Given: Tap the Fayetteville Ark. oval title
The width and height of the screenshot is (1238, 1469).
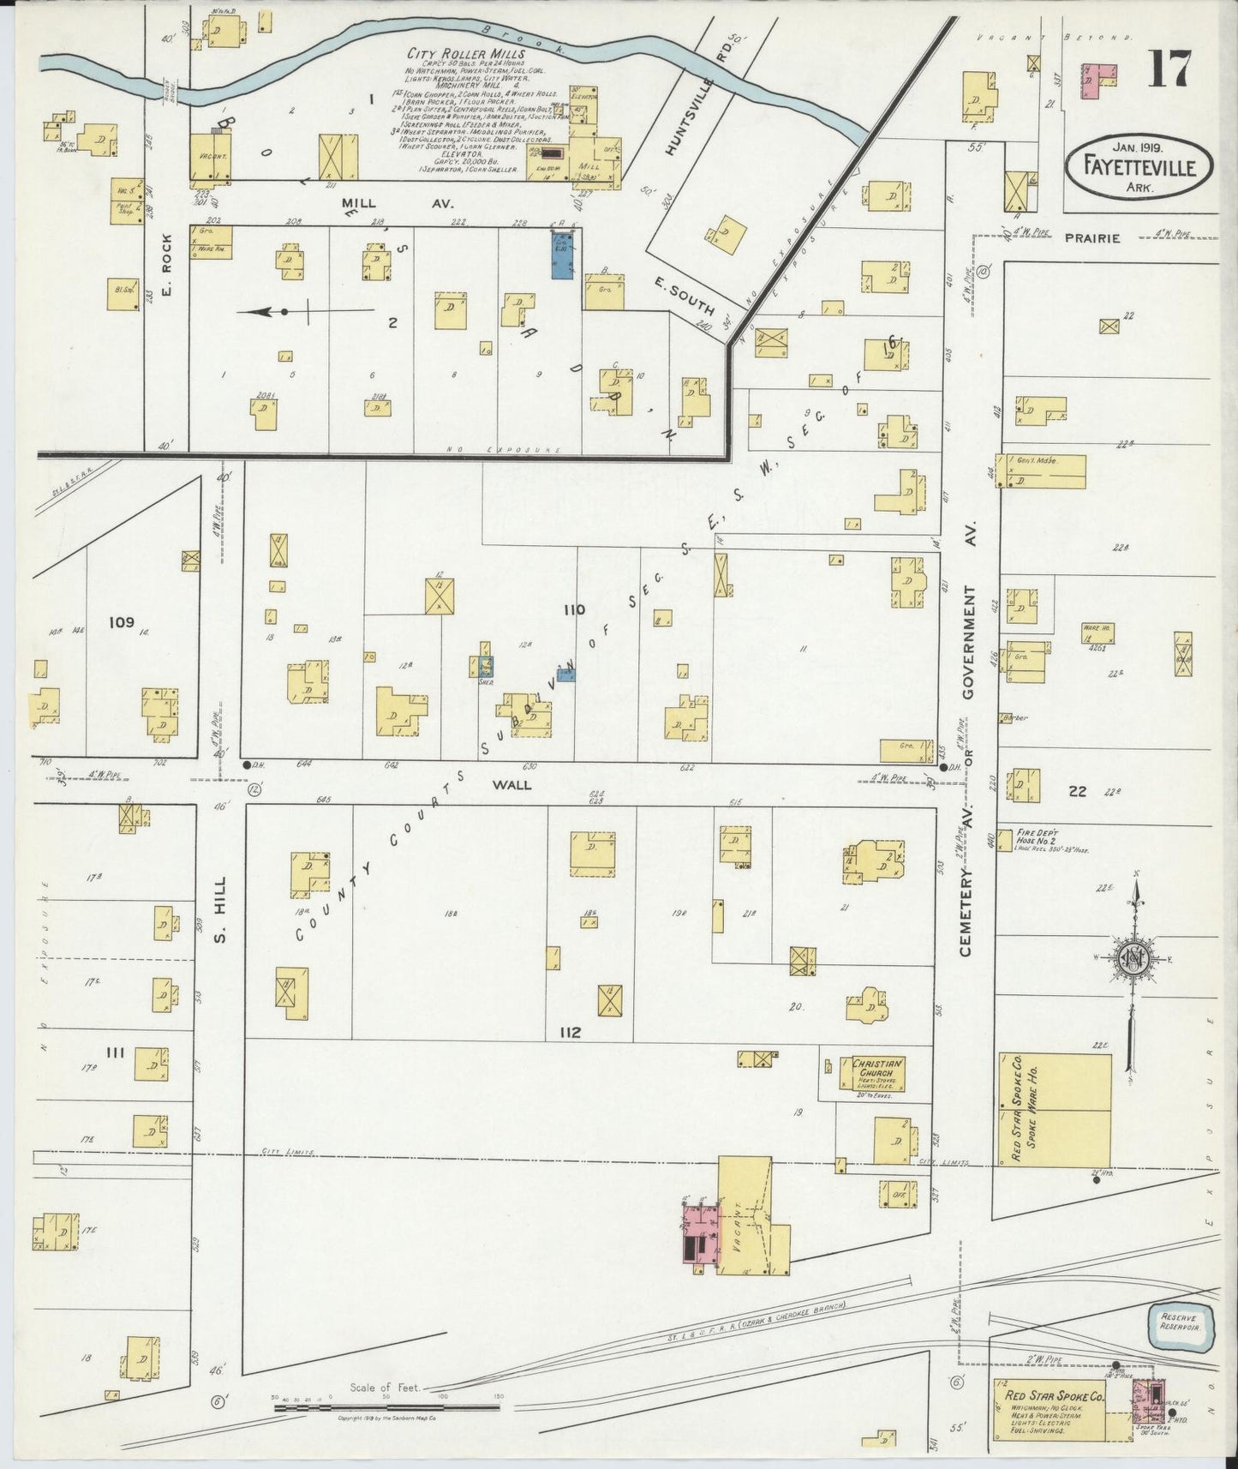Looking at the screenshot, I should [1139, 167].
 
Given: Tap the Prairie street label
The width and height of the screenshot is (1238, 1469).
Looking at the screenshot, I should [1092, 238].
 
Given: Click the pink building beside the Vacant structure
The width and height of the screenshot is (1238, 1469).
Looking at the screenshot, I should [698, 1234].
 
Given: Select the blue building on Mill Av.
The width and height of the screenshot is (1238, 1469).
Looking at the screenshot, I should [562, 254].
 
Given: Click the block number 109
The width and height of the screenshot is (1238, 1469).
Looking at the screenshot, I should [122, 622].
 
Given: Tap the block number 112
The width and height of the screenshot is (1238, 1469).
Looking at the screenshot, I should [570, 1033].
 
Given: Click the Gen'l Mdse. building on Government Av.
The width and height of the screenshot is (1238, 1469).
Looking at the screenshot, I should [1041, 471].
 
